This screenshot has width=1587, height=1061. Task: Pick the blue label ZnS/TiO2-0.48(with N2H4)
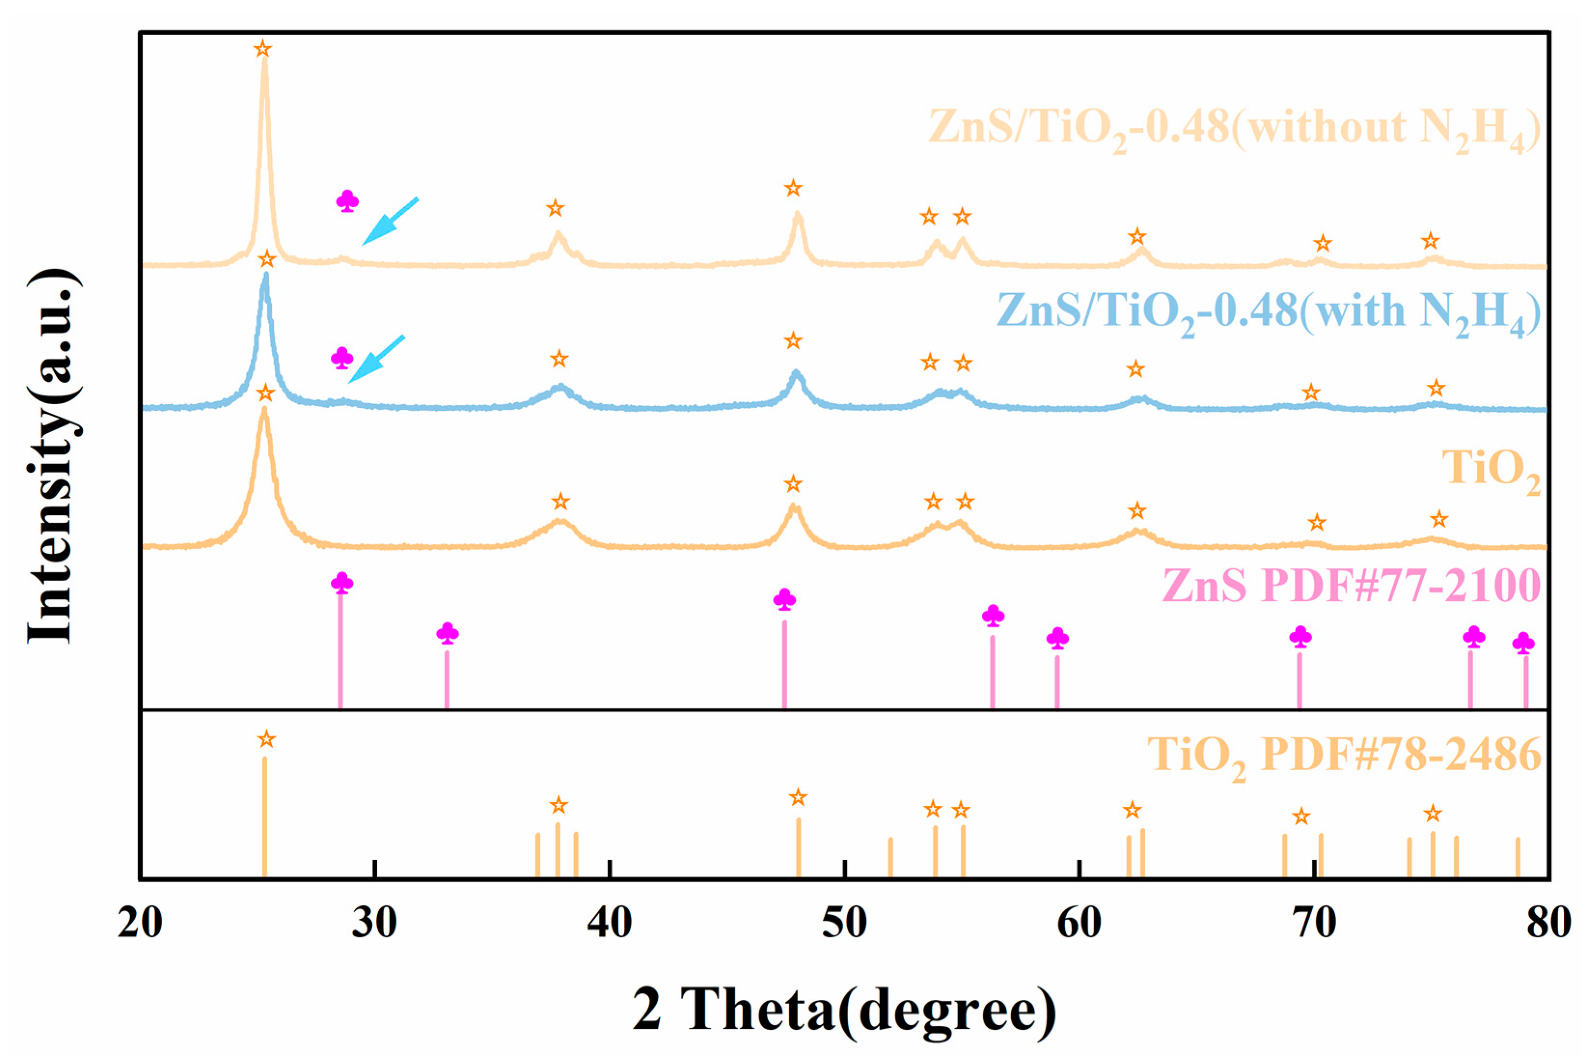(1268, 313)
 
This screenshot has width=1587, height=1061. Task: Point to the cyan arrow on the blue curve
(376, 359)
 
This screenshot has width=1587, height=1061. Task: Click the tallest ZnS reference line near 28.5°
(340, 650)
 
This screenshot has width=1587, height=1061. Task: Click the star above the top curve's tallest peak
(263, 49)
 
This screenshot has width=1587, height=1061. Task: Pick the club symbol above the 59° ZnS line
(1058, 638)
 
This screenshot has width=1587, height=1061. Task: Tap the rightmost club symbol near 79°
(1523, 642)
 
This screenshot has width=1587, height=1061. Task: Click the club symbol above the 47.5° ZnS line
(785, 599)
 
